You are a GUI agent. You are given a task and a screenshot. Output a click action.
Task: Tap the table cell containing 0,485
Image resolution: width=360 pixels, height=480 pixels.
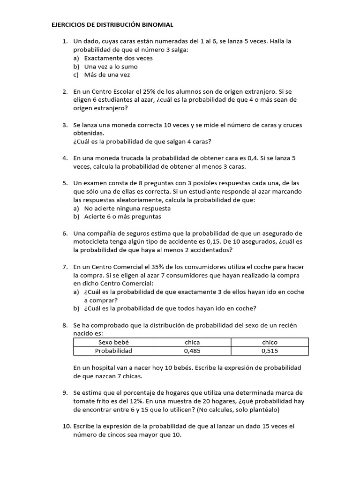[192, 351]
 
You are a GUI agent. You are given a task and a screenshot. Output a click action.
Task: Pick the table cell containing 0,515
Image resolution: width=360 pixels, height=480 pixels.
[270, 351]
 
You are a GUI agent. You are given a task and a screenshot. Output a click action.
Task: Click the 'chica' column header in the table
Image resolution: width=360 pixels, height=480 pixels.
[192, 342]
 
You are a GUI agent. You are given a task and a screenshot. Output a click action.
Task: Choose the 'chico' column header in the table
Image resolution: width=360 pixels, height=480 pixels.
[270, 342]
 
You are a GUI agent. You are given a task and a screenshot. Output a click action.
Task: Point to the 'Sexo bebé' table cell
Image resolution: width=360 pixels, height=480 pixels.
[113, 342]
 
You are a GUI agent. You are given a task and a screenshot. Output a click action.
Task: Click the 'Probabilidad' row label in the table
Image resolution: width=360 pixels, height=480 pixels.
[113, 351]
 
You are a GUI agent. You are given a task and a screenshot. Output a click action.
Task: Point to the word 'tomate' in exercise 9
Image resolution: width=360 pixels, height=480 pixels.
[84, 400]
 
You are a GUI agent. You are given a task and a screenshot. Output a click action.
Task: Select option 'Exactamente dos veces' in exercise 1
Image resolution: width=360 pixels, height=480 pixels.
[118, 58]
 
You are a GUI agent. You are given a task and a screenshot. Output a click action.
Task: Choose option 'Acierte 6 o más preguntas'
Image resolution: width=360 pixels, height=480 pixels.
[122, 217]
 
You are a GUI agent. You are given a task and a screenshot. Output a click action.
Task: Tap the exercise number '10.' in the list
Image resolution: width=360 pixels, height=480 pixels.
[66, 426]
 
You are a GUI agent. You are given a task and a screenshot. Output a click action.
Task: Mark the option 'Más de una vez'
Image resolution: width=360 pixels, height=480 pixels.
[107, 75]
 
